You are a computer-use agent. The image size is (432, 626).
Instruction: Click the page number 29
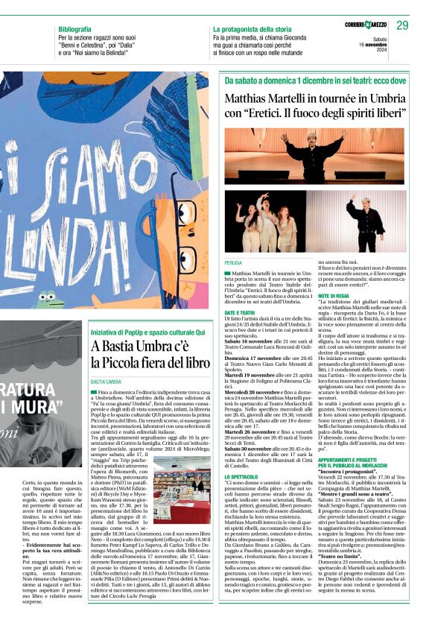pos(402,25)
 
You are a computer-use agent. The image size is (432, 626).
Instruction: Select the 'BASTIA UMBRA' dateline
pos(107,381)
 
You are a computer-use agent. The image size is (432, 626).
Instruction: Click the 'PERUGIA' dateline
pos(233,263)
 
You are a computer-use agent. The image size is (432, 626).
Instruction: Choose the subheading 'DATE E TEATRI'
pos(240,312)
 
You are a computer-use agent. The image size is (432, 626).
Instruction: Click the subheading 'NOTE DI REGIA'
pos(334,296)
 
